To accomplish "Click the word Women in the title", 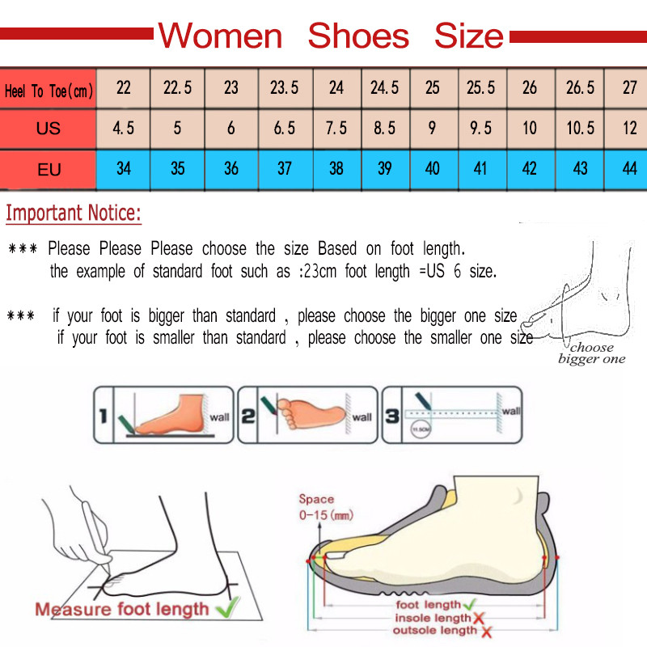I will coord(219,36).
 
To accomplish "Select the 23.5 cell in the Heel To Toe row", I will coord(284,88).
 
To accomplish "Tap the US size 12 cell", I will coord(629,129).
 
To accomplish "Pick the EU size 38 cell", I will coord(336,169).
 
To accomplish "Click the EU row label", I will coord(49,170).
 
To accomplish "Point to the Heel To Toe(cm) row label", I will coord(49,91).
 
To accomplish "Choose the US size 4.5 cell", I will coord(124,129).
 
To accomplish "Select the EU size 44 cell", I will coord(629,169).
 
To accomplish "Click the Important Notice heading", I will coord(74,214).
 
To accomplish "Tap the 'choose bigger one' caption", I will coord(592,353).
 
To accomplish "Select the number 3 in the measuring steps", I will coord(391,417).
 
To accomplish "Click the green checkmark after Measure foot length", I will coord(230,607).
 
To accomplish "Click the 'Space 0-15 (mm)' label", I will coord(324,507).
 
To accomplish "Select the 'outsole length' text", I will coord(435,630).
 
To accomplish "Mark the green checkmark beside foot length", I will coord(470,604).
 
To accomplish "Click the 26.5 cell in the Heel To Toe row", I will coord(580,88).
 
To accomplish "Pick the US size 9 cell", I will coord(433,129).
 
